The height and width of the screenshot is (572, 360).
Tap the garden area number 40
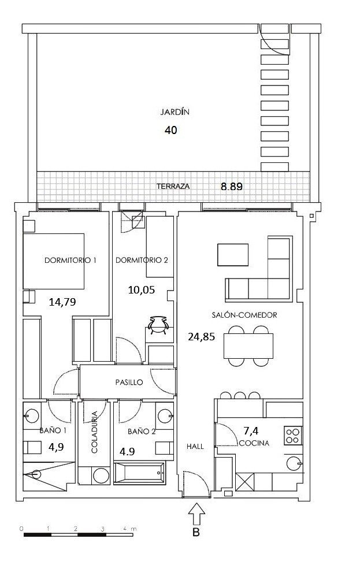(170, 130)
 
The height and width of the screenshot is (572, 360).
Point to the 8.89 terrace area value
(232, 187)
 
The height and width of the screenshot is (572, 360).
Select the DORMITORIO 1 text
(70, 260)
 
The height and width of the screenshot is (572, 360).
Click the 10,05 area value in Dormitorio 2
(142, 290)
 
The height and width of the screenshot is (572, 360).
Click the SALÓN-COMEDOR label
(244, 315)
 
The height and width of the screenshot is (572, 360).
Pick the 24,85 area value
(201, 337)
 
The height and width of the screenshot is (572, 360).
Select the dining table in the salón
(248, 346)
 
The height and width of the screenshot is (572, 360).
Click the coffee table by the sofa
(233, 255)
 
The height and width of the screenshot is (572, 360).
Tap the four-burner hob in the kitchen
(293, 436)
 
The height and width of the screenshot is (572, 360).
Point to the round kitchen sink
(294, 463)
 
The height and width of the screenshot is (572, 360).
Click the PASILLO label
(129, 382)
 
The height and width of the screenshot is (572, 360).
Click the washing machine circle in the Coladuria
(101, 476)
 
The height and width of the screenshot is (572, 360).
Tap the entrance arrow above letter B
(196, 514)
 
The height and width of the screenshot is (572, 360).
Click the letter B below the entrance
(196, 533)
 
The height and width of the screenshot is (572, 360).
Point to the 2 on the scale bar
(76, 529)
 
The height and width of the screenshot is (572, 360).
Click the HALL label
(195, 446)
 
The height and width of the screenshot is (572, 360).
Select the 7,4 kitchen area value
(251, 431)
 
